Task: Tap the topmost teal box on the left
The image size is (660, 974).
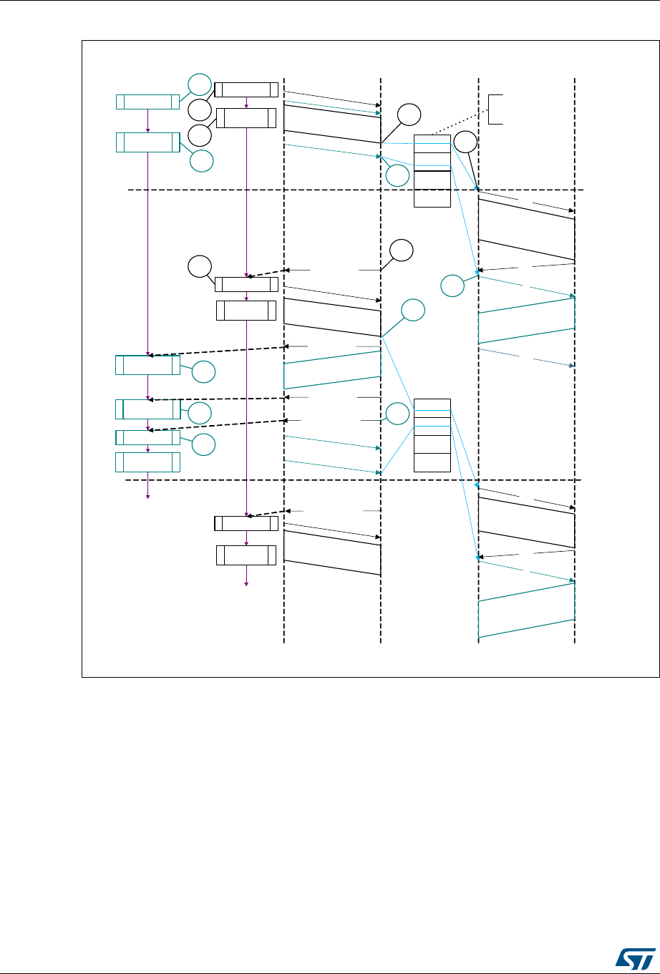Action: [147, 102]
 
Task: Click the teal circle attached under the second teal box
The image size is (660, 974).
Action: [201, 162]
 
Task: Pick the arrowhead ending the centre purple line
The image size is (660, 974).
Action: [247, 584]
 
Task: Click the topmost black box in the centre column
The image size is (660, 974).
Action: [247, 89]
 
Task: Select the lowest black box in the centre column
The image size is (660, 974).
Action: [246, 555]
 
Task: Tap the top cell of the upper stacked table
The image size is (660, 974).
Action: [432, 142]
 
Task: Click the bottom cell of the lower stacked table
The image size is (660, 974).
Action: [432, 462]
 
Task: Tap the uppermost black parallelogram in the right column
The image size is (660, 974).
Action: [526, 230]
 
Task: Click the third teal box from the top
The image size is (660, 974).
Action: [147, 364]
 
